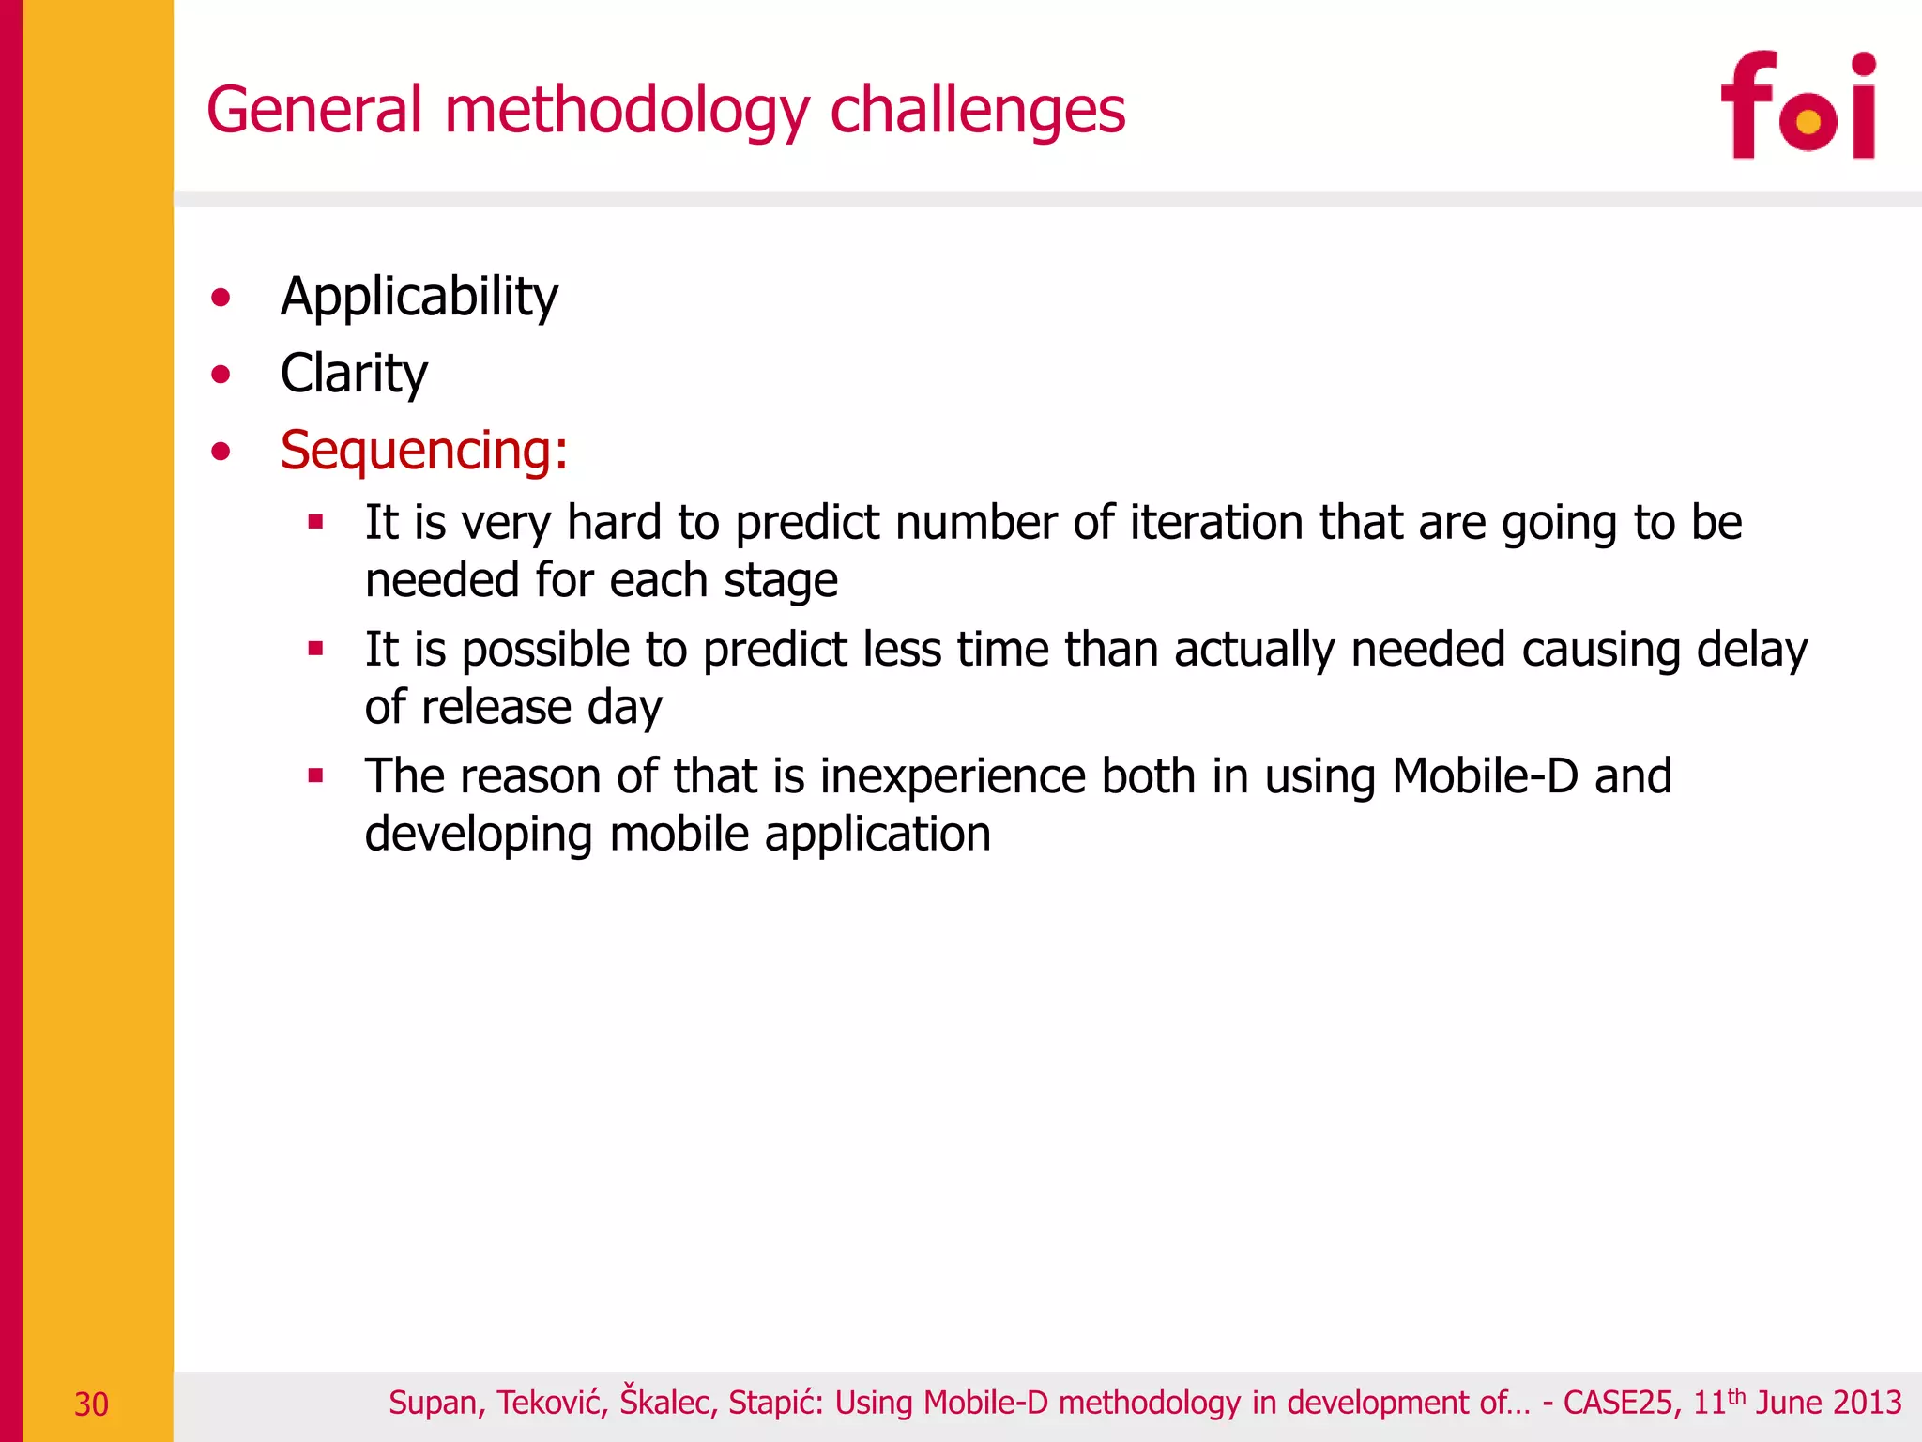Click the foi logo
(1797, 105)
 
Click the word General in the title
(314, 110)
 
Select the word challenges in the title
(977, 110)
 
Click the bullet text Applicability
(419, 297)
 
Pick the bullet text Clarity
(354, 374)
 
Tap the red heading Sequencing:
(424, 450)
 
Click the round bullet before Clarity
(221, 376)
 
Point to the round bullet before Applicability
(221, 299)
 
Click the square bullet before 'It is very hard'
(315, 522)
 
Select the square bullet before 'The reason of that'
(315, 775)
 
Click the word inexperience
(953, 777)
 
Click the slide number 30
(91, 1404)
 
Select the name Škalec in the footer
(668, 1403)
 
